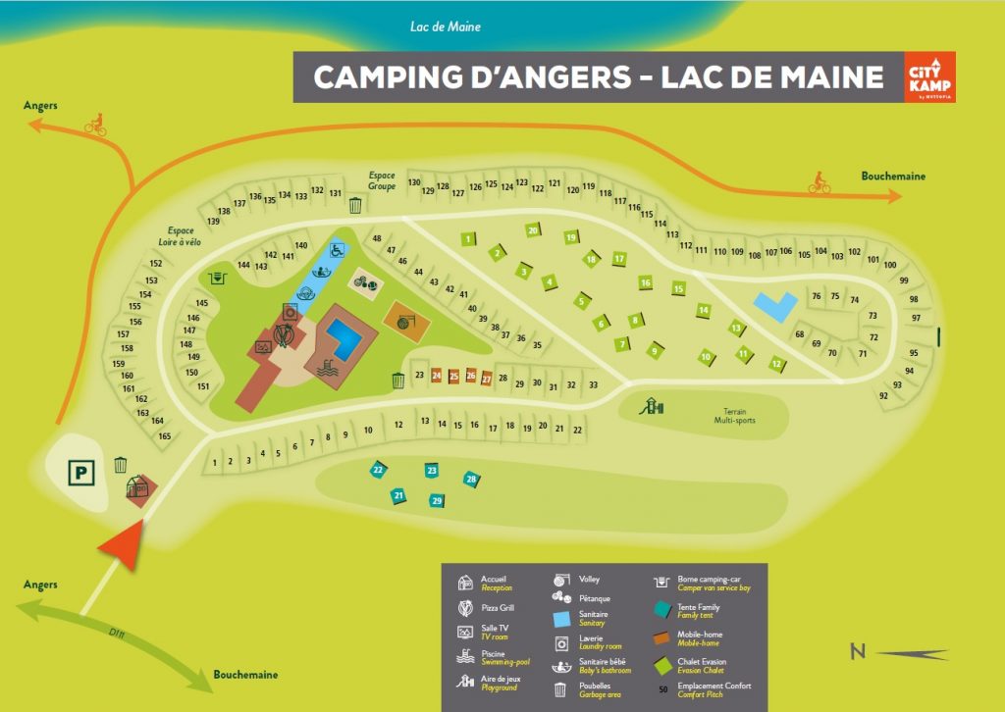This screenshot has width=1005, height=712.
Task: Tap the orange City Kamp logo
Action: coord(928,77)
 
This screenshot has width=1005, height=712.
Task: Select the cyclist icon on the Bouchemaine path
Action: coord(819,182)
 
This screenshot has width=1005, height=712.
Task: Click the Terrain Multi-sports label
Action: coord(735,415)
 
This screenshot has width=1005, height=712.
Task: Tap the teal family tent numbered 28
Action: coord(471,480)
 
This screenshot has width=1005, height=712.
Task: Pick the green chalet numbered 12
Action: coord(776,364)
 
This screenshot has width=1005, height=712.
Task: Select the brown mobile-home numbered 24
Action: coord(436,376)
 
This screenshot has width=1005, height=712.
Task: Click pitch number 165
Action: coord(165,435)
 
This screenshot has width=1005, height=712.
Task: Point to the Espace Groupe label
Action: coord(382,180)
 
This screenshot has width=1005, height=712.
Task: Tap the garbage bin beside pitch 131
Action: coord(355,205)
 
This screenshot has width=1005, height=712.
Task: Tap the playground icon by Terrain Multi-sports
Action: coord(649,404)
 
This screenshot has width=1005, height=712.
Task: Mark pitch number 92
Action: coord(883,396)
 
